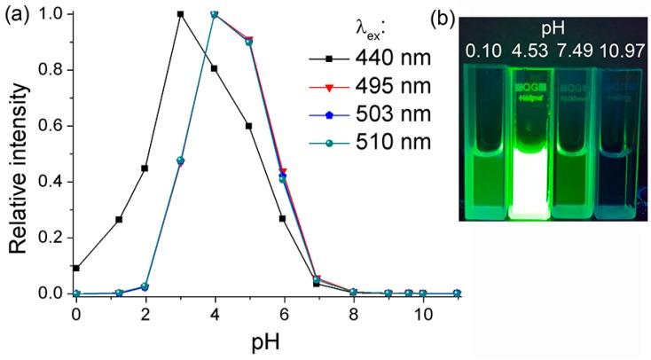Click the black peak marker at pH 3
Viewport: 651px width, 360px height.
(x=180, y=14)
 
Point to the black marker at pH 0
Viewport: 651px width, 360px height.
(x=76, y=268)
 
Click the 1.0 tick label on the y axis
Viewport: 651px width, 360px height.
(x=54, y=14)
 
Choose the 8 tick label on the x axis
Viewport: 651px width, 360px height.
(x=353, y=315)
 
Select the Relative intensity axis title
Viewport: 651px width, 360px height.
(x=18, y=153)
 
